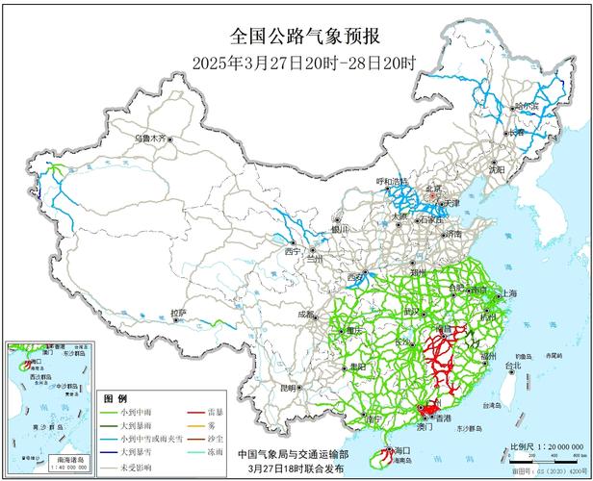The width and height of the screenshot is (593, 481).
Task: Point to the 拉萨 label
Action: (178, 313)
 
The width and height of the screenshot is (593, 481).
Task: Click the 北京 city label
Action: (433, 190)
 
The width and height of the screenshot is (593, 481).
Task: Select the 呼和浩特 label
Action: (392, 181)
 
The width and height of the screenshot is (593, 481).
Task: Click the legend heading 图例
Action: (116, 397)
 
